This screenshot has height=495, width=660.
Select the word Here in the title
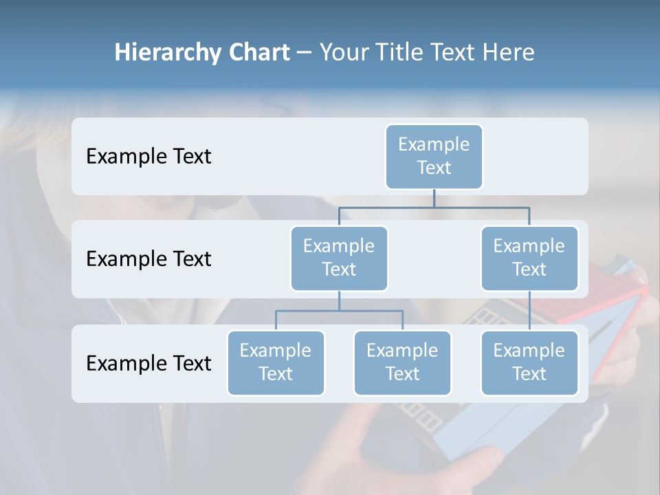(x=509, y=53)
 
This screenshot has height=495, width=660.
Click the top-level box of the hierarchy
(x=434, y=156)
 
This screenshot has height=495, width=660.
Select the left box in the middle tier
(x=339, y=258)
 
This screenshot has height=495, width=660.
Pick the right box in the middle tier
(x=529, y=258)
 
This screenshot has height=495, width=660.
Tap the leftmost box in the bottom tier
(x=276, y=362)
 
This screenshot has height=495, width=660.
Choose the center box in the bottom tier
(x=402, y=362)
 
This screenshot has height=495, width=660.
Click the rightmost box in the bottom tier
(x=529, y=362)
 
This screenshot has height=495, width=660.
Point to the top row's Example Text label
(x=148, y=157)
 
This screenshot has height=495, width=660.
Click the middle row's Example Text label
(x=148, y=259)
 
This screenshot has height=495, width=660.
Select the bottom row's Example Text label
(x=148, y=363)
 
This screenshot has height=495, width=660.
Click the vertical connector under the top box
(x=434, y=198)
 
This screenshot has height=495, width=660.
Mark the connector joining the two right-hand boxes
(x=529, y=311)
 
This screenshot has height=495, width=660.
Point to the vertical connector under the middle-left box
(x=339, y=300)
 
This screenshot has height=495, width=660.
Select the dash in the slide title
(x=304, y=53)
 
